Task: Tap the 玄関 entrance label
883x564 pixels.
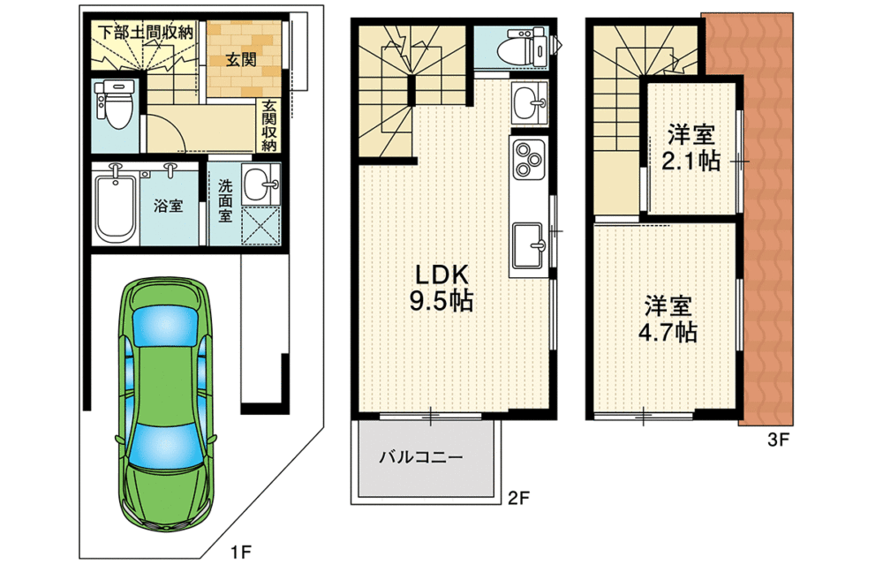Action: click(241, 59)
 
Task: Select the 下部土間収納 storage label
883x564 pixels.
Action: click(146, 32)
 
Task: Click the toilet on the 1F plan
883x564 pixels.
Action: click(115, 102)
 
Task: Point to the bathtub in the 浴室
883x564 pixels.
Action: click(116, 208)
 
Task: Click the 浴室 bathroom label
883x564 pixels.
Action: click(169, 205)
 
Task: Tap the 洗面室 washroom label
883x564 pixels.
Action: click(224, 201)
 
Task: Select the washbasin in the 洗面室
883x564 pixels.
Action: click(260, 184)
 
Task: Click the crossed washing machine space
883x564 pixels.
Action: click(260, 226)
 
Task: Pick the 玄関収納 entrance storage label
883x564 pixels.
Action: click(269, 125)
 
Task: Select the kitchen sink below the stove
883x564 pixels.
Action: click(528, 244)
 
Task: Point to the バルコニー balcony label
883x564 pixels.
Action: click(420, 457)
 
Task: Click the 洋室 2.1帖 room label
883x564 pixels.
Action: click(691, 148)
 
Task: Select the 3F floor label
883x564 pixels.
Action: click(778, 440)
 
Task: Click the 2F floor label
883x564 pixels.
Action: click(518, 498)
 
